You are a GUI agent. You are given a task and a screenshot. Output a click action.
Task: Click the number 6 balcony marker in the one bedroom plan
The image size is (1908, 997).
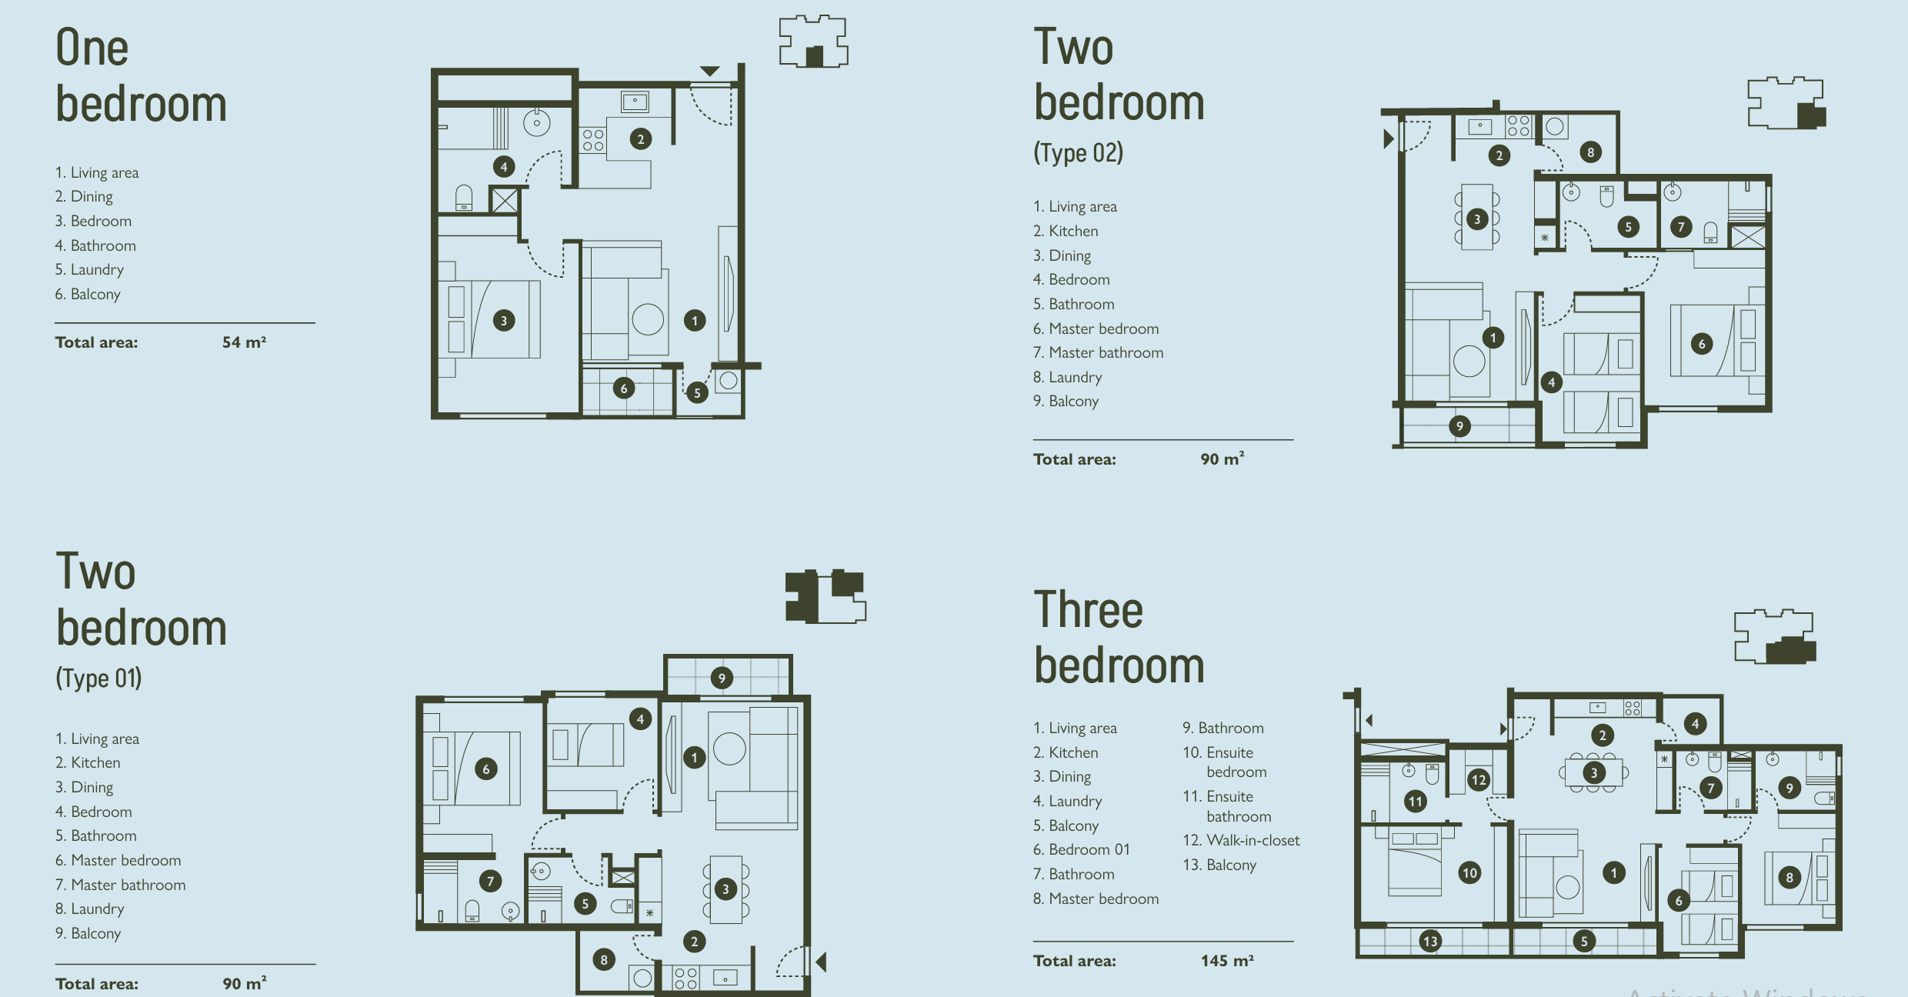(x=624, y=388)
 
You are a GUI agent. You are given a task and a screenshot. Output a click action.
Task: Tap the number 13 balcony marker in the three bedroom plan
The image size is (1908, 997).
(x=1430, y=941)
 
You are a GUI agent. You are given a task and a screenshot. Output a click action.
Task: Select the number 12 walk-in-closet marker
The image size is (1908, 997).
(x=1479, y=779)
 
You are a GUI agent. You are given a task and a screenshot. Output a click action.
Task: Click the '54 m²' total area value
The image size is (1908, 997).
(x=245, y=342)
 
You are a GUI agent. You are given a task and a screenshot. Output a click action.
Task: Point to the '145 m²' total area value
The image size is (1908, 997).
(x=1227, y=961)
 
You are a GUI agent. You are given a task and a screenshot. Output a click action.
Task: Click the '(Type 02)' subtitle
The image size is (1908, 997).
(x=1078, y=152)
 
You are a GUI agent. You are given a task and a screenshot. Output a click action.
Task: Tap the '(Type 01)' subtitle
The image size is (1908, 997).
(x=98, y=678)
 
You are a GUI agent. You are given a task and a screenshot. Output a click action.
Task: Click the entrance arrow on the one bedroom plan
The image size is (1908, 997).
(x=709, y=71)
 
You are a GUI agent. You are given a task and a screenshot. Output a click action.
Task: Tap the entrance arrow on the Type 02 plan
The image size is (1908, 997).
(x=1389, y=139)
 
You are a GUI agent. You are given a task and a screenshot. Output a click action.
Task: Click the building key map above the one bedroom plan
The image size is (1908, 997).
(x=813, y=42)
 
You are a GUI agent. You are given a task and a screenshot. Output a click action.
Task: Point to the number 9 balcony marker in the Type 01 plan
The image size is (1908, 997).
(x=722, y=678)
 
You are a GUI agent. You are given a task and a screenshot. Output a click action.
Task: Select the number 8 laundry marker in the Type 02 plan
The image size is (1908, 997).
(x=1591, y=152)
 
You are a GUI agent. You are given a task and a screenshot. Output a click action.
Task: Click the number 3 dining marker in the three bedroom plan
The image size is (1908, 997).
(x=1593, y=772)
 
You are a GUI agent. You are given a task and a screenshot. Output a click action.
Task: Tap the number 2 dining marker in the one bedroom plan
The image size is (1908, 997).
(x=640, y=139)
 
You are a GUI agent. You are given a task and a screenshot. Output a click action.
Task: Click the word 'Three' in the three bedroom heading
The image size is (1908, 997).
(x=1089, y=611)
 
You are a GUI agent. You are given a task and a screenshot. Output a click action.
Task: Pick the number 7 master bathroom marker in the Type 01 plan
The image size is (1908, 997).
(x=490, y=881)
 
